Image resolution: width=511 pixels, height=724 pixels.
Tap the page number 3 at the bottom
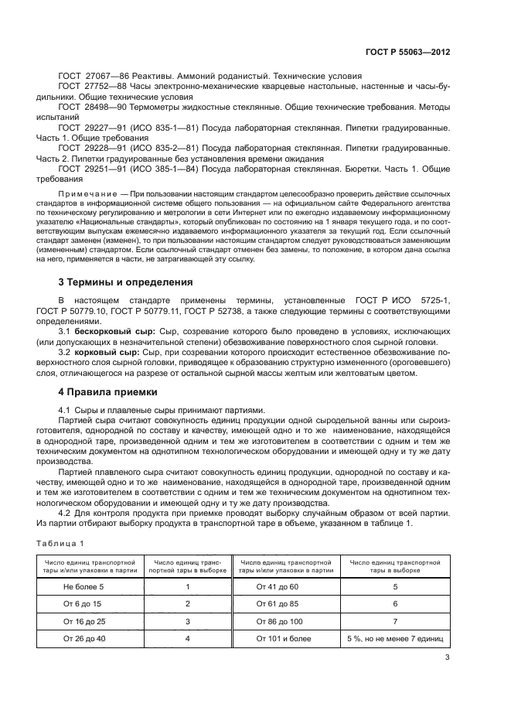click(448, 658)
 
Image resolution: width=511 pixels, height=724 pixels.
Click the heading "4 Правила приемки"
click(107, 391)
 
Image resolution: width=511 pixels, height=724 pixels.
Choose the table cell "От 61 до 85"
click(277, 603)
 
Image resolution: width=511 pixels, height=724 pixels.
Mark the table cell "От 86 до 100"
click(277, 620)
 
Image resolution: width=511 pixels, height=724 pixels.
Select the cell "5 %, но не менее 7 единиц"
click(394, 638)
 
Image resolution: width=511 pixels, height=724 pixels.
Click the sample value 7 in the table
click(394, 620)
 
